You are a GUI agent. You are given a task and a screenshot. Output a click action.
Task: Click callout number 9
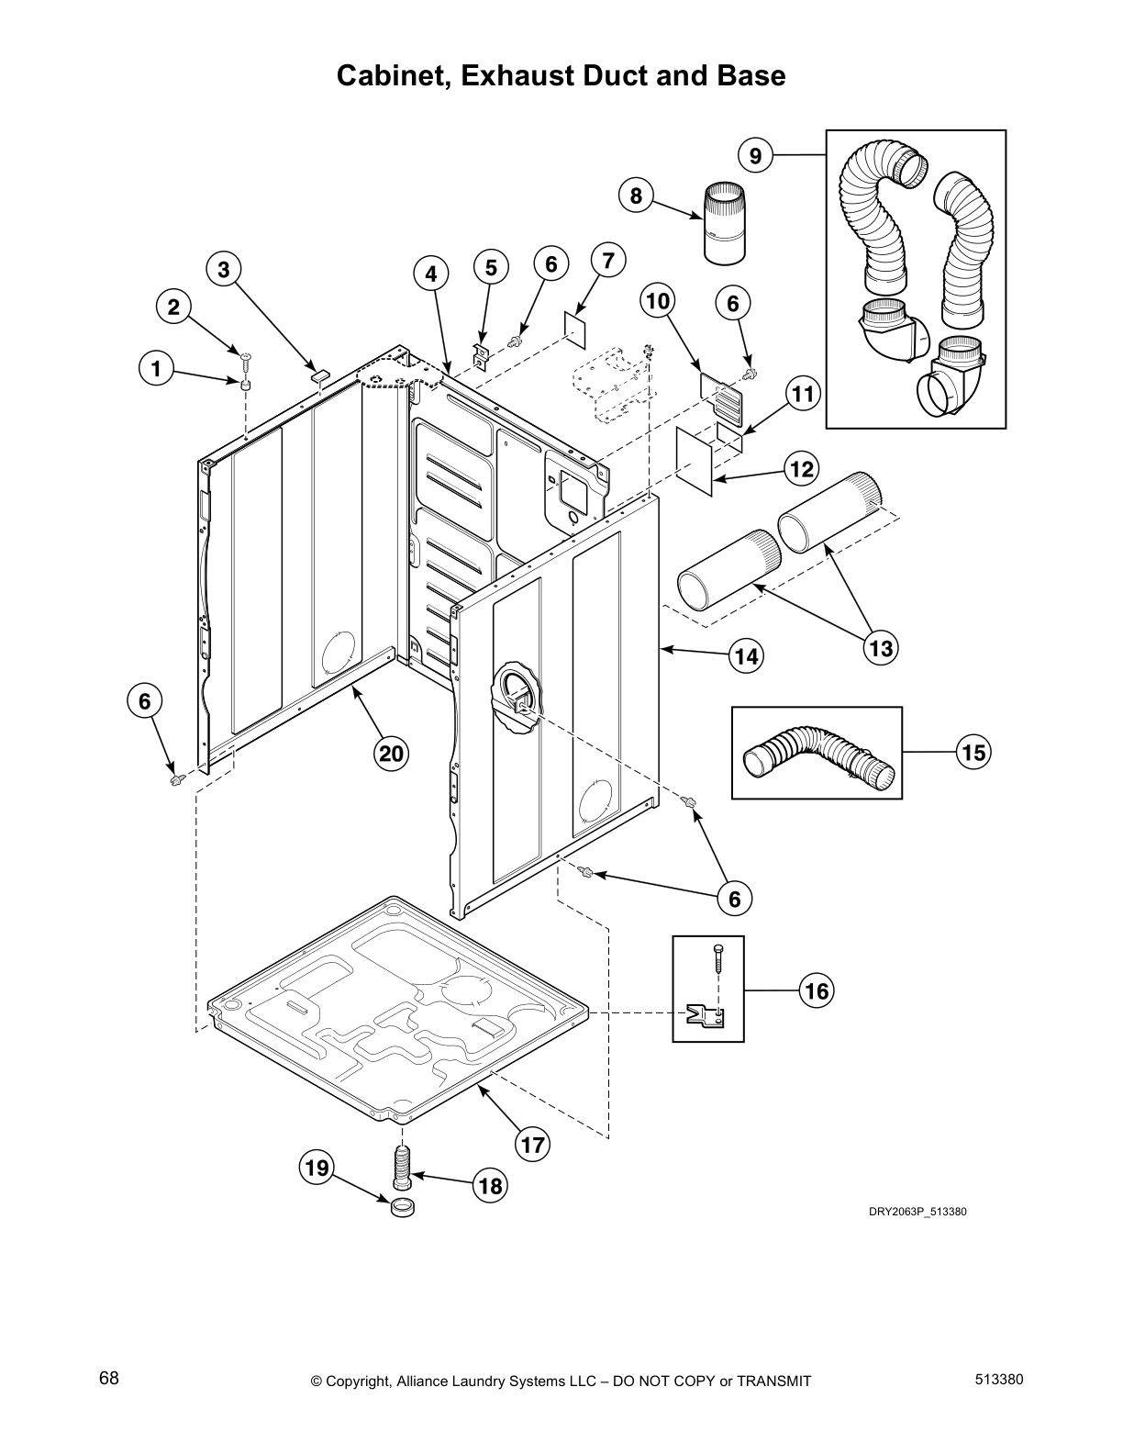(755, 156)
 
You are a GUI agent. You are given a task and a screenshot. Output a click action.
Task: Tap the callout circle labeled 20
(391, 754)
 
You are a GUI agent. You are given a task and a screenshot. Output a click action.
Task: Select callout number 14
(746, 655)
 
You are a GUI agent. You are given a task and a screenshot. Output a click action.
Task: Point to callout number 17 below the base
(533, 1145)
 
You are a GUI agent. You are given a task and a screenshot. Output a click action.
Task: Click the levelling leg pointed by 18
(401, 1169)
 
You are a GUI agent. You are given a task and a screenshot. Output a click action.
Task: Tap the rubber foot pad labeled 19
(401, 1208)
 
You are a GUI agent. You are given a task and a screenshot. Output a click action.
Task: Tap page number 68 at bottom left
(109, 1378)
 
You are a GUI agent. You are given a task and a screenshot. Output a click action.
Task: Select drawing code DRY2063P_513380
(917, 1212)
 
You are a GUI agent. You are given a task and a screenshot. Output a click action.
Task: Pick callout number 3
(223, 269)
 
